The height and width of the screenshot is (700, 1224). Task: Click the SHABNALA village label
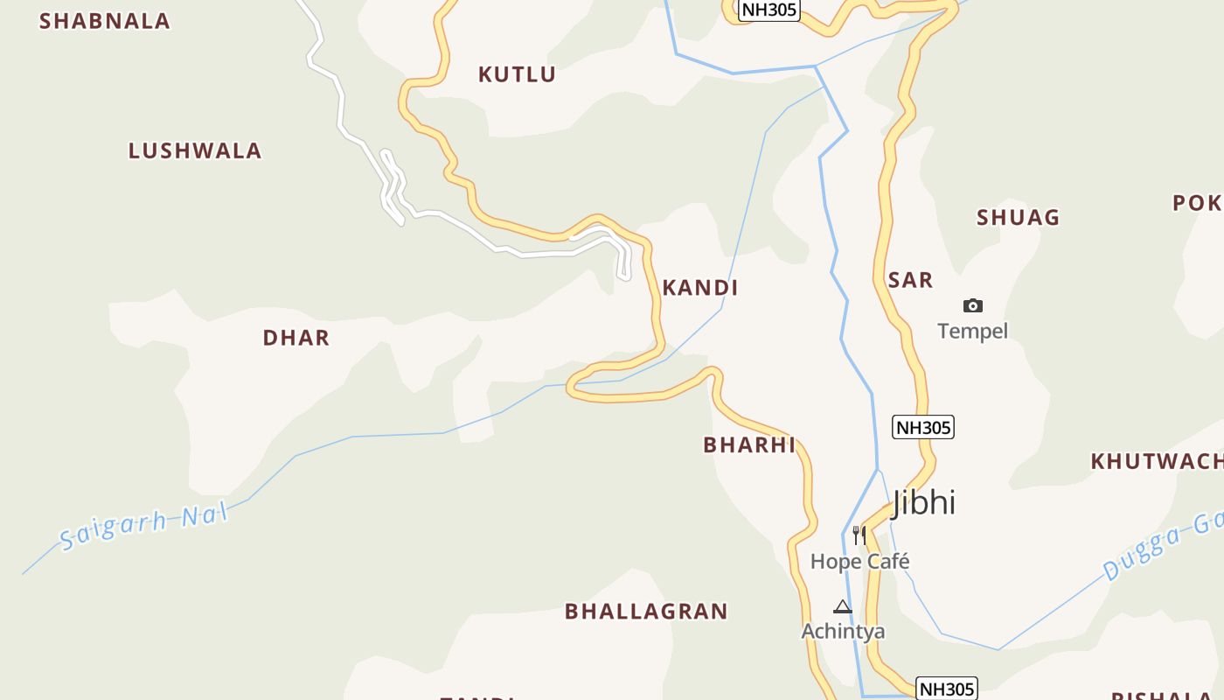(x=104, y=21)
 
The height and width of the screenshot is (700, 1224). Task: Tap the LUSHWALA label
(x=195, y=150)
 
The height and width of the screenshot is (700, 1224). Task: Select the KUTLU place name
(x=517, y=74)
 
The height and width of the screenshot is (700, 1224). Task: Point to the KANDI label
(x=700, y=287)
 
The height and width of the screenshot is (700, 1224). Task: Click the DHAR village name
(x=296, y=338)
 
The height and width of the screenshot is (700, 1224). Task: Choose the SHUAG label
(x=1018, y=217)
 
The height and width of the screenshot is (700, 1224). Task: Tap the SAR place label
(x=910, y=280)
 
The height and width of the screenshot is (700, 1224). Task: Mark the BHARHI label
(x=749, y=444)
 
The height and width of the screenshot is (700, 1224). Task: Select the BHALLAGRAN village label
(x=646, y=611)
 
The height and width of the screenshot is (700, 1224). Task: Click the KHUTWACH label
(x=1156, y=461)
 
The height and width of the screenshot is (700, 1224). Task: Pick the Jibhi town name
(x=924, y=503)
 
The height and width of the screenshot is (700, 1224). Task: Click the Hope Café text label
(x=859, y=561)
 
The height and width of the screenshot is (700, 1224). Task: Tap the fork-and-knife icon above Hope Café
(x=859, y=535)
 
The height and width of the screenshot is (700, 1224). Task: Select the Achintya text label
(x=843, y=631)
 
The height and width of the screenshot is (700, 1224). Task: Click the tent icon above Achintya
(x=842, y=606)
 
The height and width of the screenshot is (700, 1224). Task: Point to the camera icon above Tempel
(x=972, y=305)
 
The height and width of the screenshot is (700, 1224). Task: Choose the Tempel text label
(x=972, y=331)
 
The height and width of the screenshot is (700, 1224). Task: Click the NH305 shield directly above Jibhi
(x=922, y=427)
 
